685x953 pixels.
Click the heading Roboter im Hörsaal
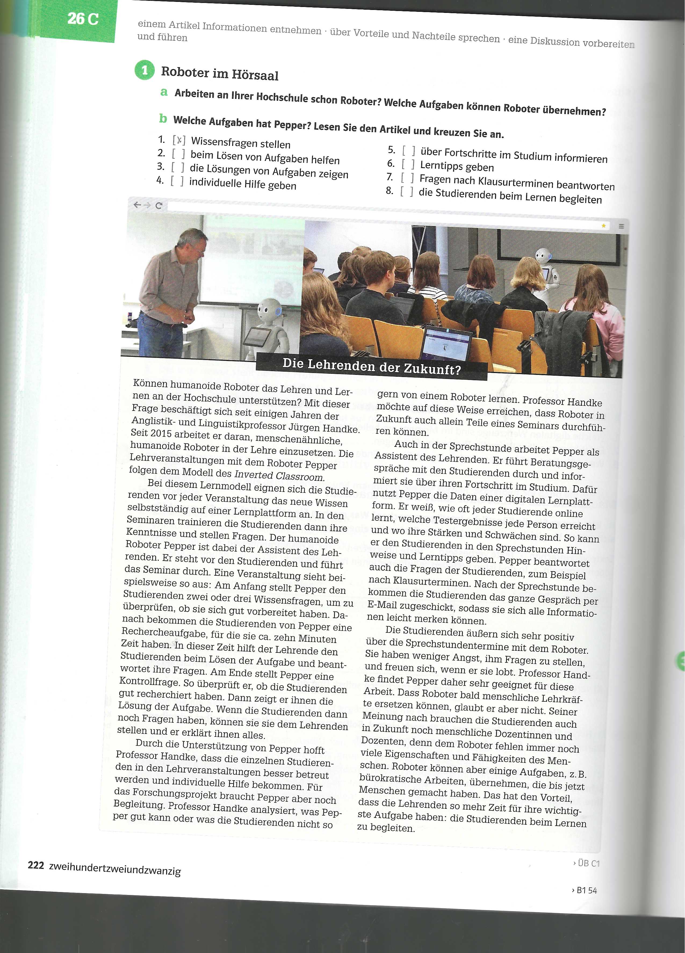pyautogui.click(x=219, y=74)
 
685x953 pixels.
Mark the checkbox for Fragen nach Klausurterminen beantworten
pyautogui.click(x=407, y=178)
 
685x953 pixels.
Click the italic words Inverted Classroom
pyautogui.click(x=279, y=476)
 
